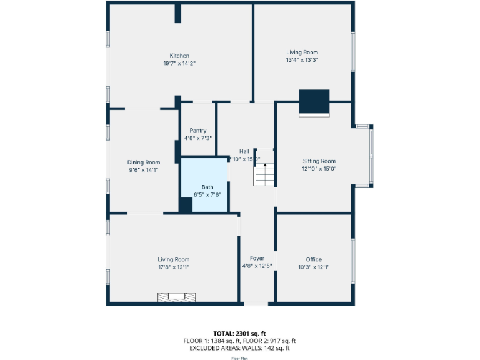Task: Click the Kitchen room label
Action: [x=179, y=56]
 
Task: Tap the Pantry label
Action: [x=197, y=131]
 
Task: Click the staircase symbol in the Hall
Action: [x=264, y=173]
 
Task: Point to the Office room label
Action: [x=314, y=259]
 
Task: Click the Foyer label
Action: [x=257, y=258]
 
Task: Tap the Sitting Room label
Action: [x=319, y=161]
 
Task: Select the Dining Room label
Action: [x=144, y=162]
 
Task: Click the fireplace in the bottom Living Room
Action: [x=177, y=297]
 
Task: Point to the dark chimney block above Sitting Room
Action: [x=314, y=102]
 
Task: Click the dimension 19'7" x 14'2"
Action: [x=179, y=63]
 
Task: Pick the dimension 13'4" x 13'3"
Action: [x=302, y=60]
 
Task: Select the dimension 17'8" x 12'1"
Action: [x=173, y=267]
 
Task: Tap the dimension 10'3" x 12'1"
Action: [x=314, y=267]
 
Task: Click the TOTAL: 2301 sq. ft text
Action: [x=239, y=333]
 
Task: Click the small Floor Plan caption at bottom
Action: [x=240, y=359]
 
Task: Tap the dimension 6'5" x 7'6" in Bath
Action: [x=207, y=194]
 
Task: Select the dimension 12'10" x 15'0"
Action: [x=319, y=168]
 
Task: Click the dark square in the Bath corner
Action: [x=186, y=205]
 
